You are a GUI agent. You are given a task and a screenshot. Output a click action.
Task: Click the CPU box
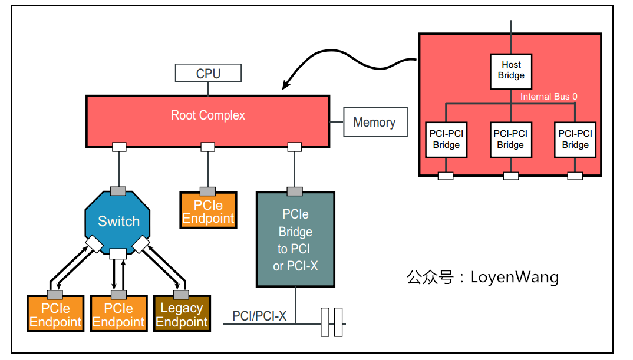208,74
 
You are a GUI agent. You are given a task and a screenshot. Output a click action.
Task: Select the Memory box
375,122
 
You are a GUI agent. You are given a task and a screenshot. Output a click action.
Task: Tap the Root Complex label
207,115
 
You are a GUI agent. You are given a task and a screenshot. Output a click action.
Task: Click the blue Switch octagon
118,222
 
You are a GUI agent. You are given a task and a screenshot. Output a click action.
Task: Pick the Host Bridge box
510,71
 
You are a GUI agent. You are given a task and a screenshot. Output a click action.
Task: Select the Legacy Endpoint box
182,315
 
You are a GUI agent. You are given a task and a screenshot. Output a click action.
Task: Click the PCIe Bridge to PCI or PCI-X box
295,240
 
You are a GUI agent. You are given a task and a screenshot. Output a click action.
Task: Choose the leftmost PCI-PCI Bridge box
446,140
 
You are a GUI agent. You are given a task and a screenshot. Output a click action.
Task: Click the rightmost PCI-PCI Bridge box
575,140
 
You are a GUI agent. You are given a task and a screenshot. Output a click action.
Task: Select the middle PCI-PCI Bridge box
510,140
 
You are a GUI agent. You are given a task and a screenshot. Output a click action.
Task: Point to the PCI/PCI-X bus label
259,316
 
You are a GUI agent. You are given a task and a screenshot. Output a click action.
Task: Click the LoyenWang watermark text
483,277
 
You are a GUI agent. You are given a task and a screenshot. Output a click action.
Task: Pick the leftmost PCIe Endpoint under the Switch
55,315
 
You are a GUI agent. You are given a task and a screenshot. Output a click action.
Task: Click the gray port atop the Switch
118,191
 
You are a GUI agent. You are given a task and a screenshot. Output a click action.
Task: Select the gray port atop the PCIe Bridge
295,191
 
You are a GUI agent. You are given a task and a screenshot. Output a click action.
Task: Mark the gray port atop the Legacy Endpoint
181,294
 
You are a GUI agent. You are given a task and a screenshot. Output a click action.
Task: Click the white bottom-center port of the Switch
118,254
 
